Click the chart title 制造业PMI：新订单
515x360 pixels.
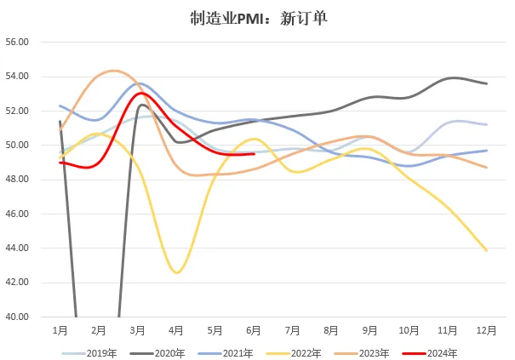tap(257, 16)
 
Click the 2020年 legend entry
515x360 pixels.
tap(164, 352)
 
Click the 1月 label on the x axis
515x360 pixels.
tap(60, 329)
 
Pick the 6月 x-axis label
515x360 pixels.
tap(254, 329)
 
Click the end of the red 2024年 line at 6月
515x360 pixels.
tap(254, 154)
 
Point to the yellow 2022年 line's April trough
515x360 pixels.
tap(177, 272)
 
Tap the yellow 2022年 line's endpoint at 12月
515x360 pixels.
tap(487, 250)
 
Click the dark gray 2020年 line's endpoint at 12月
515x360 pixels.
tap(487, 83)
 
